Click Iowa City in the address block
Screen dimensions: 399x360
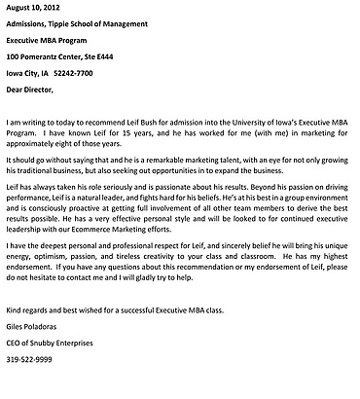(x=24, y=72)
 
